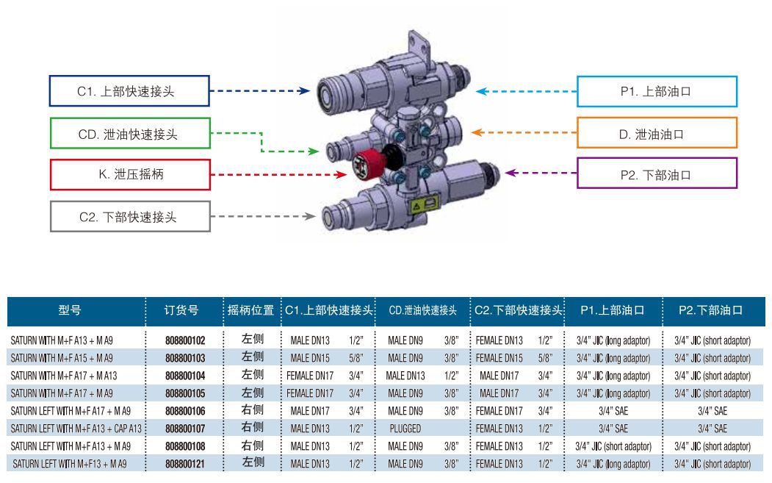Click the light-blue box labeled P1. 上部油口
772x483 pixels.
coord(656,91)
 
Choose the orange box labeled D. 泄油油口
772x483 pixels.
coord(656,135)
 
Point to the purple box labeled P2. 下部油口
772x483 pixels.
coord(656,176)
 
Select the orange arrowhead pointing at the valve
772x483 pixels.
coord(475,133)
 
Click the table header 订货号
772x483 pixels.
coord(181,310)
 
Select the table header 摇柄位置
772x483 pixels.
coord(252,310)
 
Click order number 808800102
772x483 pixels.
coord(184,340)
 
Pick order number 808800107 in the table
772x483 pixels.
coord(184,429)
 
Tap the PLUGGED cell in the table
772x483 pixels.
coord(405,429)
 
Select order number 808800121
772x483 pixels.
coord(184,464)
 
